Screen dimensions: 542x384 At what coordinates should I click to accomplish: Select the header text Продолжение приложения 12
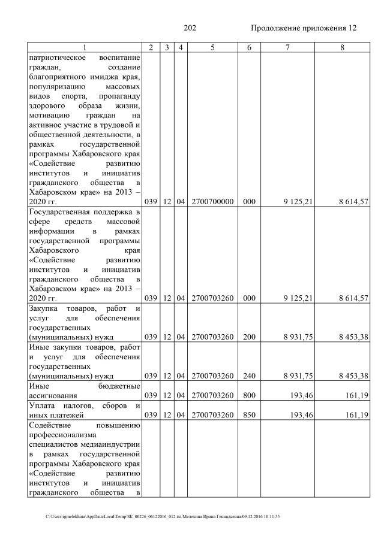click(x=303, y=28)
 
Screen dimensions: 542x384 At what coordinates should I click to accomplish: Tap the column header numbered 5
click(x=212, y=47)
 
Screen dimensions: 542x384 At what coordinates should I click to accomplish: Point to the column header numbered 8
click(x=341, y=47)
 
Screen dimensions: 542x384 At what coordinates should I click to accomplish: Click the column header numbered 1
click(x=85, y=47)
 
